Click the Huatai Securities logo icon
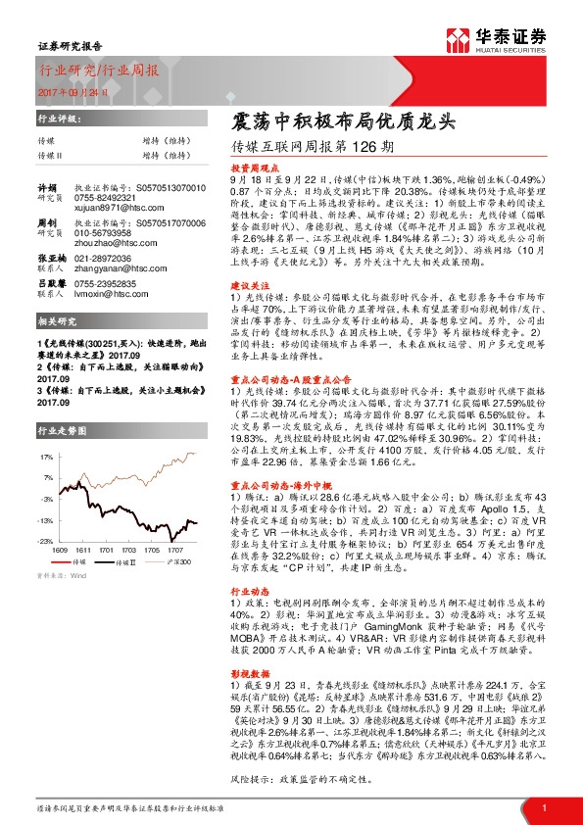click(457, 39)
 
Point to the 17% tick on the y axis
click(46, 457)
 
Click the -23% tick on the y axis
click(46, 541)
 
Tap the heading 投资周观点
click(251, 169)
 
